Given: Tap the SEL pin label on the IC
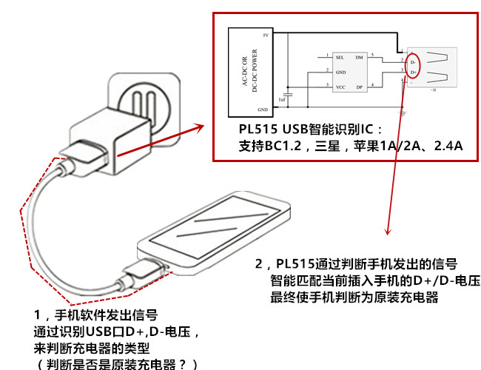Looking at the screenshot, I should [x=340, y=56].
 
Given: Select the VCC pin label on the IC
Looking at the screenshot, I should [x=340, y=87].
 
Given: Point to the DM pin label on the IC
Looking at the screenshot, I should [x=359, y=56].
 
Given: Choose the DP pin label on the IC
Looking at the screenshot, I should [x=359, y=87].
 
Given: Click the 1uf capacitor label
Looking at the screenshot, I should [x=281, y=98].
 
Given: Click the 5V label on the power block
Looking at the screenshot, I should [x=265, y=36].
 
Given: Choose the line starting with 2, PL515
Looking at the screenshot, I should [x=355, y=263].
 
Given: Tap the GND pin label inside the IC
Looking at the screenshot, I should [x=340, y=72].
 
